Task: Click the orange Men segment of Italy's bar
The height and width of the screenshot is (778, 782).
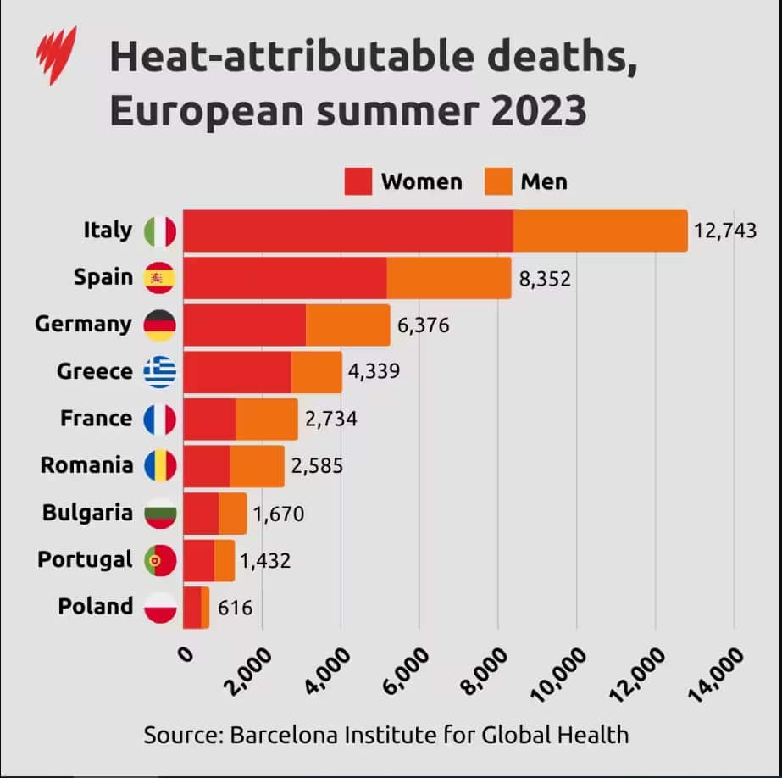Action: pos(600,231)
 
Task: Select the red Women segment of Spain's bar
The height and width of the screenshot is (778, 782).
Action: pos(285,278)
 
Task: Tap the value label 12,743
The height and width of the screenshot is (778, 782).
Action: pos(724,231)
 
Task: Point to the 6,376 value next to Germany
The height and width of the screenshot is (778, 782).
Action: pos(423,325)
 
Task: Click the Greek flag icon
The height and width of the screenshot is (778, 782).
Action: pos(160,371)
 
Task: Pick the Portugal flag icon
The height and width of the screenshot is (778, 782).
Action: pos(160,560)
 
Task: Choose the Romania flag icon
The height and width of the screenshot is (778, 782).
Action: pos(160,465)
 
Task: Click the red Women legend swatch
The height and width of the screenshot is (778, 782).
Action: pos(358,181)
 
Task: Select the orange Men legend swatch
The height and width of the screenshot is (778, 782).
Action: pos(498,181)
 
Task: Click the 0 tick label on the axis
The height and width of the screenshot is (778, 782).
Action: pos(186,655)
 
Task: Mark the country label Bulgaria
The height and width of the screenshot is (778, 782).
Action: pos(88,513)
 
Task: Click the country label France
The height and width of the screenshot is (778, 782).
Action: pos(96,419)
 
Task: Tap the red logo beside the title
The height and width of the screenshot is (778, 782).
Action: pos(56,54)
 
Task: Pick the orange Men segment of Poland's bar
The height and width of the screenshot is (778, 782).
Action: pos(205,608)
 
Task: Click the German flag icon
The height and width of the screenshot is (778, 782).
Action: pos(160,325)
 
